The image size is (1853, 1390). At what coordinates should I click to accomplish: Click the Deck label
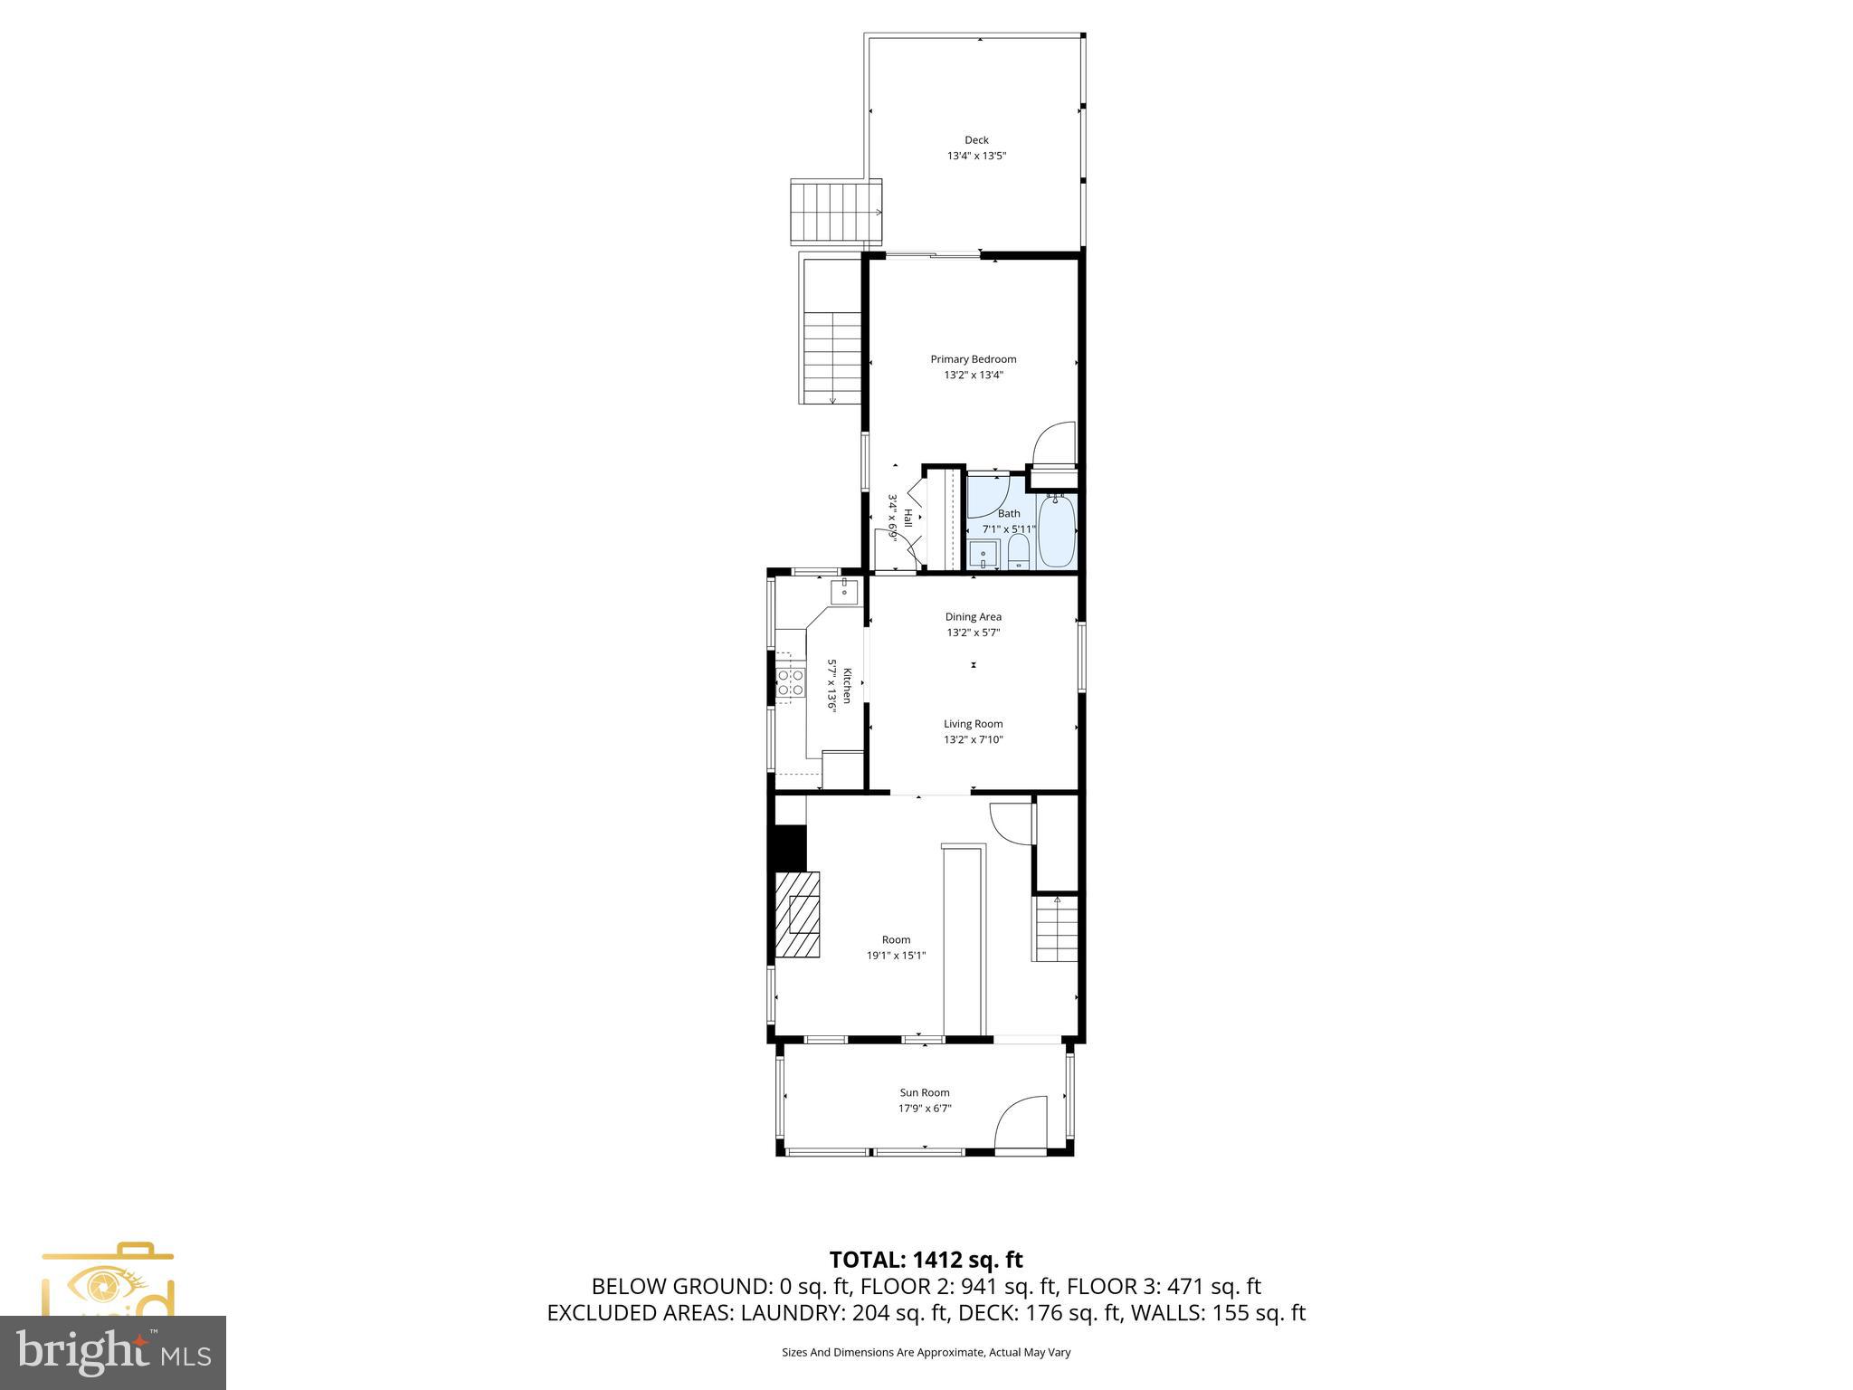pyautogui.click(x=976, y=140)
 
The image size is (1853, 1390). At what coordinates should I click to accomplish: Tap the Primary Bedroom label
pyautogui.click(x=973, y=359)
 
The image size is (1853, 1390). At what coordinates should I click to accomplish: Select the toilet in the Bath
pyautogui.click(x=1018, y=551)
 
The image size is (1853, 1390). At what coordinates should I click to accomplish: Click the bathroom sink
pyautogui.click(x=983, y=554)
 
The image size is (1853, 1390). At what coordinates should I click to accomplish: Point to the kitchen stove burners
pyautogui.click(x=791, y=682)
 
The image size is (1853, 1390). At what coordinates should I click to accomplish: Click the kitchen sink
pyautogui.click(x=844, y=592)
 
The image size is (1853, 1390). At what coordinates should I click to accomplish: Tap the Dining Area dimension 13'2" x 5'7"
pyautogui.click(x=973, y=633)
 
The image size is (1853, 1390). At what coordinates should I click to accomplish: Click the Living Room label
pyautogui.click(x=973, y=724)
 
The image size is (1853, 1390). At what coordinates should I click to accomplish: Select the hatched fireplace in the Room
pyautogui.click(x=798, y=914)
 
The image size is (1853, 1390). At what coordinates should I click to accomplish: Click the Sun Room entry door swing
pyautogui.click(x=1021, y=1125)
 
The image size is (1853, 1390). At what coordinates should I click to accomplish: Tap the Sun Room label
pyautogui.click(x=924, y=1092)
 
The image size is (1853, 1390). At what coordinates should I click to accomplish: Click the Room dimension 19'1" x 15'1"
pyautogui.click(x=896, y=956)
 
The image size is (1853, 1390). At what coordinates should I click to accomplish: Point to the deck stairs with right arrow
pyautogui.click(x=836, y=212)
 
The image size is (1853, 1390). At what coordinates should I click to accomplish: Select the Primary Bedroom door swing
pyautogui.click(x=1056, y=443)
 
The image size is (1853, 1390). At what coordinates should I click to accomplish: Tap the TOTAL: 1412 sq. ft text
pyautogui.click(x=926, y=1259)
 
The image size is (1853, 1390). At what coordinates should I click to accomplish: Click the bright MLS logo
pyautogui.click(x=113, y=1353)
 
